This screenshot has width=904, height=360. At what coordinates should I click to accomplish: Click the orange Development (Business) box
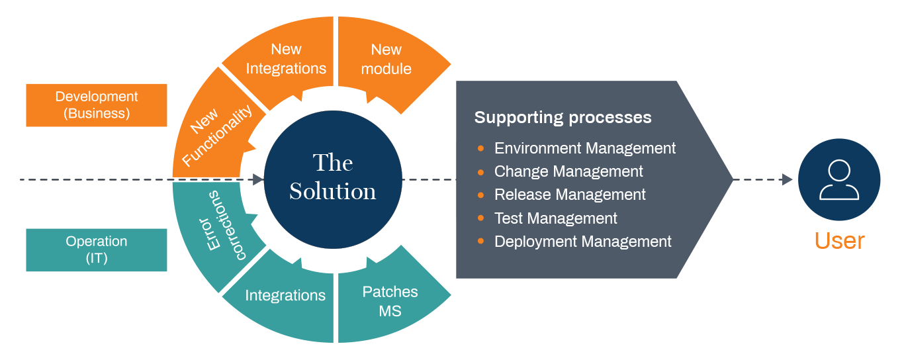(x=97, y=105)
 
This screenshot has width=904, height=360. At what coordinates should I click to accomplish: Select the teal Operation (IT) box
(x=97, y=249)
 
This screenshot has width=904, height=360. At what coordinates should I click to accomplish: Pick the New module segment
(x=386, y=59)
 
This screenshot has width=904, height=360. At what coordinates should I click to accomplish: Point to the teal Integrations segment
(x=285, y=295)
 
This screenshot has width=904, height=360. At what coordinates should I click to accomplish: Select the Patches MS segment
(x=390, y=301)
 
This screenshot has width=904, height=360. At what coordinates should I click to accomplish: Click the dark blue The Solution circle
(x=333, y=177)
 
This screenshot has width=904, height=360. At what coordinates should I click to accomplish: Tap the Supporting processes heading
(x=563, y=118)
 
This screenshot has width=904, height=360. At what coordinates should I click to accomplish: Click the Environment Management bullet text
(x=585, y=148)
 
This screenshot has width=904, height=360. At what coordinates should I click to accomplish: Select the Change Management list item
(x=568, y=171)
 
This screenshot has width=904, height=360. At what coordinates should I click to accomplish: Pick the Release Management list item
(x=570, y=195)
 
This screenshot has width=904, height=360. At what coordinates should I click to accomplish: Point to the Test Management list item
(x=555, y=218)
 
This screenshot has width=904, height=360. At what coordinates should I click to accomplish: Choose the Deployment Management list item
(x=582, y=242)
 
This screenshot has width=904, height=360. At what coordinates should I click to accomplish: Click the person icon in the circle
(x=839, y=179)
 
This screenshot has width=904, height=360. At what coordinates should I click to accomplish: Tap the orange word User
(x=839, y=241)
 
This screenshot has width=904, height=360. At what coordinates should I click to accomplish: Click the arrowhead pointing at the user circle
(x=787, y=179)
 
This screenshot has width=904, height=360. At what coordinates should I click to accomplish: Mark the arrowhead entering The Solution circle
(x=258, y=179)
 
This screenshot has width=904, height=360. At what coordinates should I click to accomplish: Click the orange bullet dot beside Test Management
(x=480, y=218)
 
